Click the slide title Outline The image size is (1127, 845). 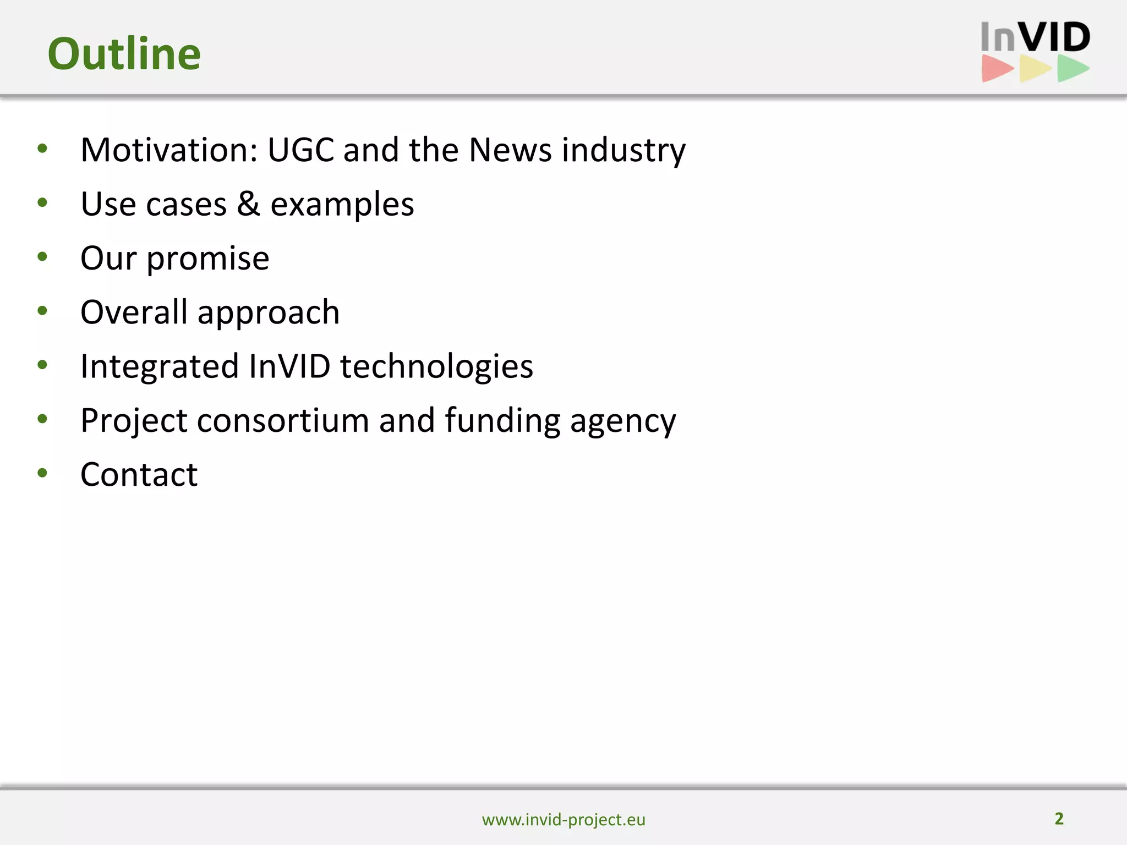pos(124,53)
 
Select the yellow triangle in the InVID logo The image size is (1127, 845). pos(1034,69)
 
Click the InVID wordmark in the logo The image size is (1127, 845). pos(1035,37)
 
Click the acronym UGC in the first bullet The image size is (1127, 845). pos(301,150)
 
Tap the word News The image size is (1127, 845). pos(510,150)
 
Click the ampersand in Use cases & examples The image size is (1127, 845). pos(248,204)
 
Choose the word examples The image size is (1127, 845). pos(342,205)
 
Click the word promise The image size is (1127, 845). pos(208,259)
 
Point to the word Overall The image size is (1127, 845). pos(134,311)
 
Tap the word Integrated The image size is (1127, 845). pos(160,366)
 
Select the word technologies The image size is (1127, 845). pos(436,366)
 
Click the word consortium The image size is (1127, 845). pos(283,420)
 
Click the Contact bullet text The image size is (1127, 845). pos(139,474)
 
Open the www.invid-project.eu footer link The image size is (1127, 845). pos(563,820)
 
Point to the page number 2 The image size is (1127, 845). pos(1059,819)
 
